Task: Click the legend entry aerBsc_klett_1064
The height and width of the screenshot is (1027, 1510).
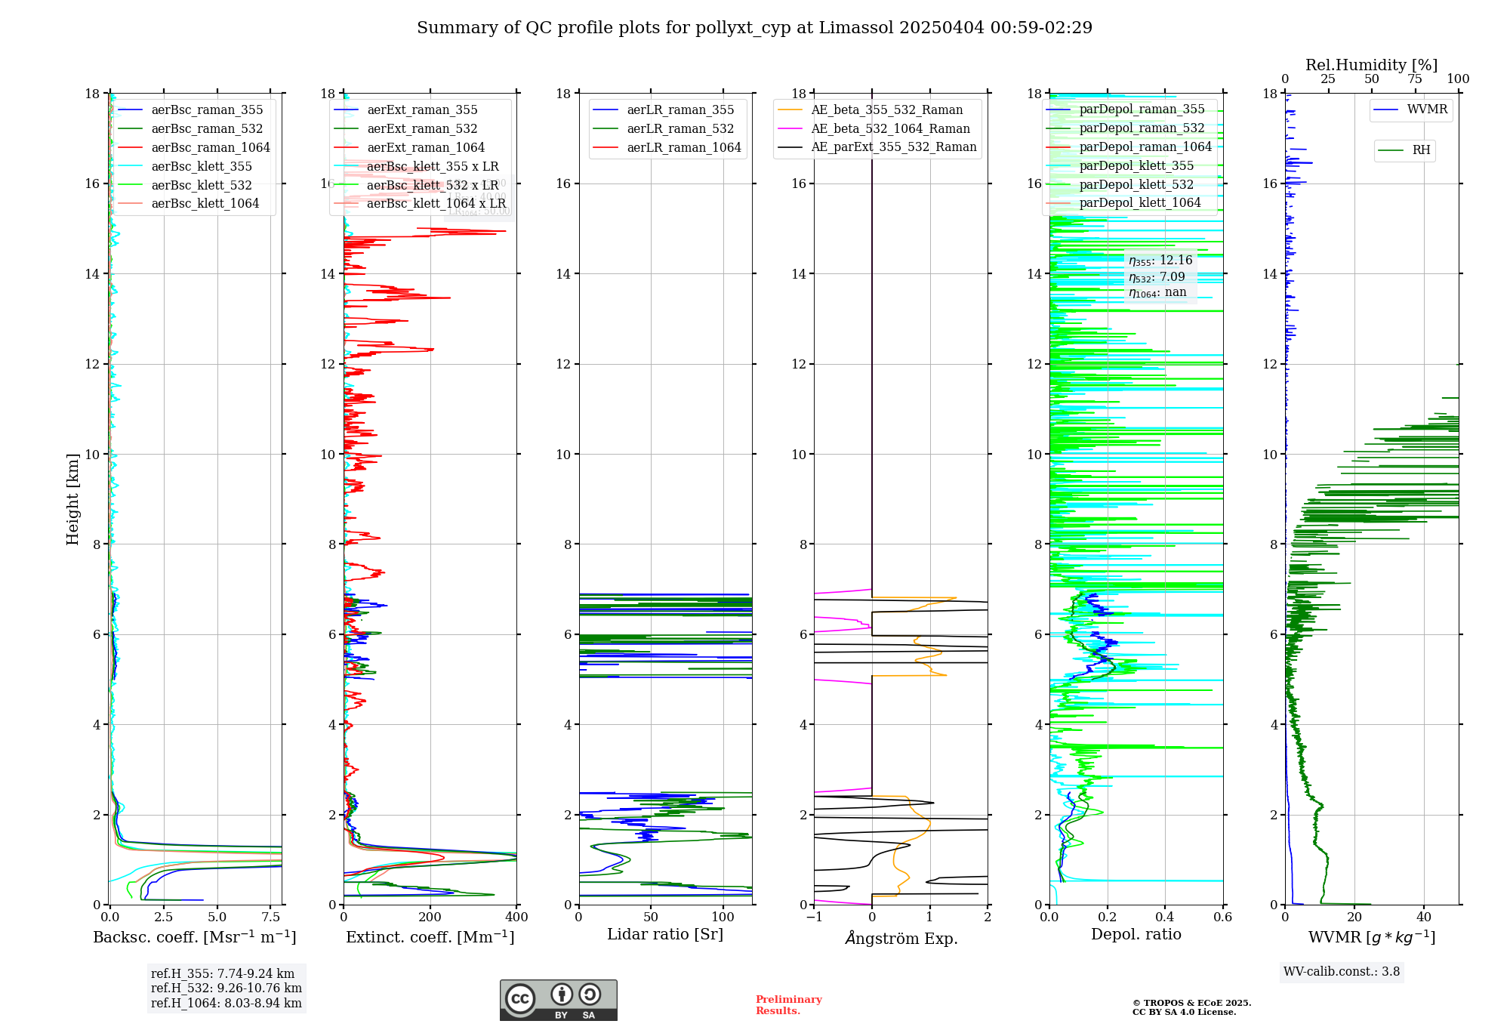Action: (x=205, y=204)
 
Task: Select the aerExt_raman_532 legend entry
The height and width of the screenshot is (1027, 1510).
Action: (x=422, y=129)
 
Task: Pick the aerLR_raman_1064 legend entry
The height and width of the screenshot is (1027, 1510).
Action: (x=684, y=148)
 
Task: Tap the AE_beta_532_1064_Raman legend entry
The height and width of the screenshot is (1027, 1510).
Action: (x=890, y=129)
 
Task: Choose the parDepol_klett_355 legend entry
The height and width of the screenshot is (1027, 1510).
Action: (x=1136, y=166)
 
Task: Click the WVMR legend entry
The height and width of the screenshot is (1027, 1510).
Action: (x=1427, y=109)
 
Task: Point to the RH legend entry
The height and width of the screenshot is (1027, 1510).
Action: (x=1421, y=150)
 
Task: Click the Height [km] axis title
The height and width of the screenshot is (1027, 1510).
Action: (x=72, y=499)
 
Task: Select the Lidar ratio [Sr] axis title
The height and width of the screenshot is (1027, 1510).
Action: (x=665, y=935)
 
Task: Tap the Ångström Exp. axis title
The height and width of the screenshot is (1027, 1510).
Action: (x=901, y=939)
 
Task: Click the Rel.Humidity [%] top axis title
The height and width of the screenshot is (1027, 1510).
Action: (x=1371, y=65)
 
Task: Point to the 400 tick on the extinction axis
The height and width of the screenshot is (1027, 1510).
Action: (x=517, y=918)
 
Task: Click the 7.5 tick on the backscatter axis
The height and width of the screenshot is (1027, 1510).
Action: (x=271, y=918)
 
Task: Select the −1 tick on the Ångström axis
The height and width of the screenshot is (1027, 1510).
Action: (x=814, y=918)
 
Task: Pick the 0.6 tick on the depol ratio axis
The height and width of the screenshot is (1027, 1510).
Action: (x=1222, y=918)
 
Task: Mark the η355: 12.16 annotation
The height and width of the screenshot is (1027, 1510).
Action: (x=1160, y=261)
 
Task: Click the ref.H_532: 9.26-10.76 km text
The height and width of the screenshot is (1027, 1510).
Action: (x=226, y=988)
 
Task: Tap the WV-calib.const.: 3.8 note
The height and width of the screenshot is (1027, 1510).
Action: (x=1342, y=972)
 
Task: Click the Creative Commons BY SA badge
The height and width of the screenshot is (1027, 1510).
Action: (x=558, y=1001)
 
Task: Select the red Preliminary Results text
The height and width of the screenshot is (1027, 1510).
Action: (x=788, y=1005)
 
